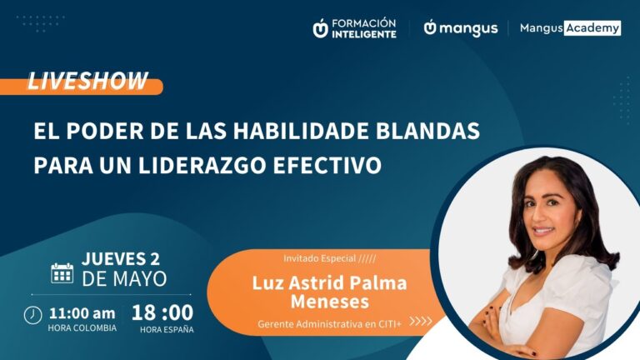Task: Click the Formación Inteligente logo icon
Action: pos(320,28)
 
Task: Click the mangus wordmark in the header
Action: pos(467,28)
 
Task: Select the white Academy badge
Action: pos(592,28)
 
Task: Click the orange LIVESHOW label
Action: pos(87,82)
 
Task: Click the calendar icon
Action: pos(62,272)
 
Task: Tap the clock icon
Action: pos(32,315)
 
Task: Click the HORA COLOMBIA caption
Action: pos(82,328)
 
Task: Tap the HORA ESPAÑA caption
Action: pos(166,328)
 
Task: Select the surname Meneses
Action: pos(329,300)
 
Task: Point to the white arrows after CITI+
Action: pos(421,321)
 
